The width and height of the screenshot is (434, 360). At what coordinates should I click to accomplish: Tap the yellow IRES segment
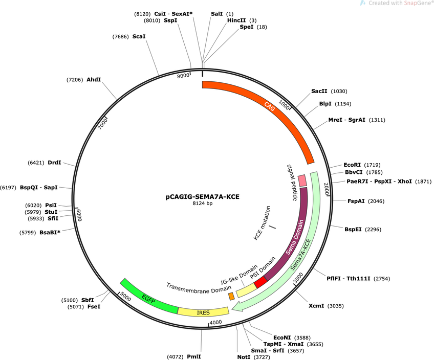tap(203, 312)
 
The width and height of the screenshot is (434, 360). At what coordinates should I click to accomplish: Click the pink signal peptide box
tap(302, 181)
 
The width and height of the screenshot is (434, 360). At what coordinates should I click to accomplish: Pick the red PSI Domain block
tap(261, 282)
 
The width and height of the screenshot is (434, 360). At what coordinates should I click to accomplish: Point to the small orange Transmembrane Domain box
tap(231, 296)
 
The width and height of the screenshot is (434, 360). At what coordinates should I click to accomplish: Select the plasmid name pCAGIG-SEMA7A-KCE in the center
tap(202, 197)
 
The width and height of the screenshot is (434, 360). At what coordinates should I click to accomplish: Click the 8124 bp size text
tap(203, 204)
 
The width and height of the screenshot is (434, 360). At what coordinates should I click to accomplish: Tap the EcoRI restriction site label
tap(352, 165)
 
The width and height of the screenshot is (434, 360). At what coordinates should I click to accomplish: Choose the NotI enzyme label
tap(244, 357)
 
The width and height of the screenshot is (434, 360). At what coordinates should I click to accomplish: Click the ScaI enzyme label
tap(139, 36)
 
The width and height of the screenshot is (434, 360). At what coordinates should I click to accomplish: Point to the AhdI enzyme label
tap(94, 80)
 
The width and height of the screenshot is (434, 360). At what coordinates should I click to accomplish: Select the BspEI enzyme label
tap(353, 229)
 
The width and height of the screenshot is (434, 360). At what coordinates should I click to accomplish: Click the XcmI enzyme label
tap(316, 306)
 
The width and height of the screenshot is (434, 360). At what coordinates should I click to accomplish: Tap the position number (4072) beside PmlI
tap(175, 357)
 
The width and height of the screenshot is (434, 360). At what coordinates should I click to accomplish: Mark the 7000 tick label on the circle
tap(103, 124)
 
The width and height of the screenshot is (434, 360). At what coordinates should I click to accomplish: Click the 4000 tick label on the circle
tap(215, 322)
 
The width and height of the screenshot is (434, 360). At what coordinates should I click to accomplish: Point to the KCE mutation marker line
tap(273, 227)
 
